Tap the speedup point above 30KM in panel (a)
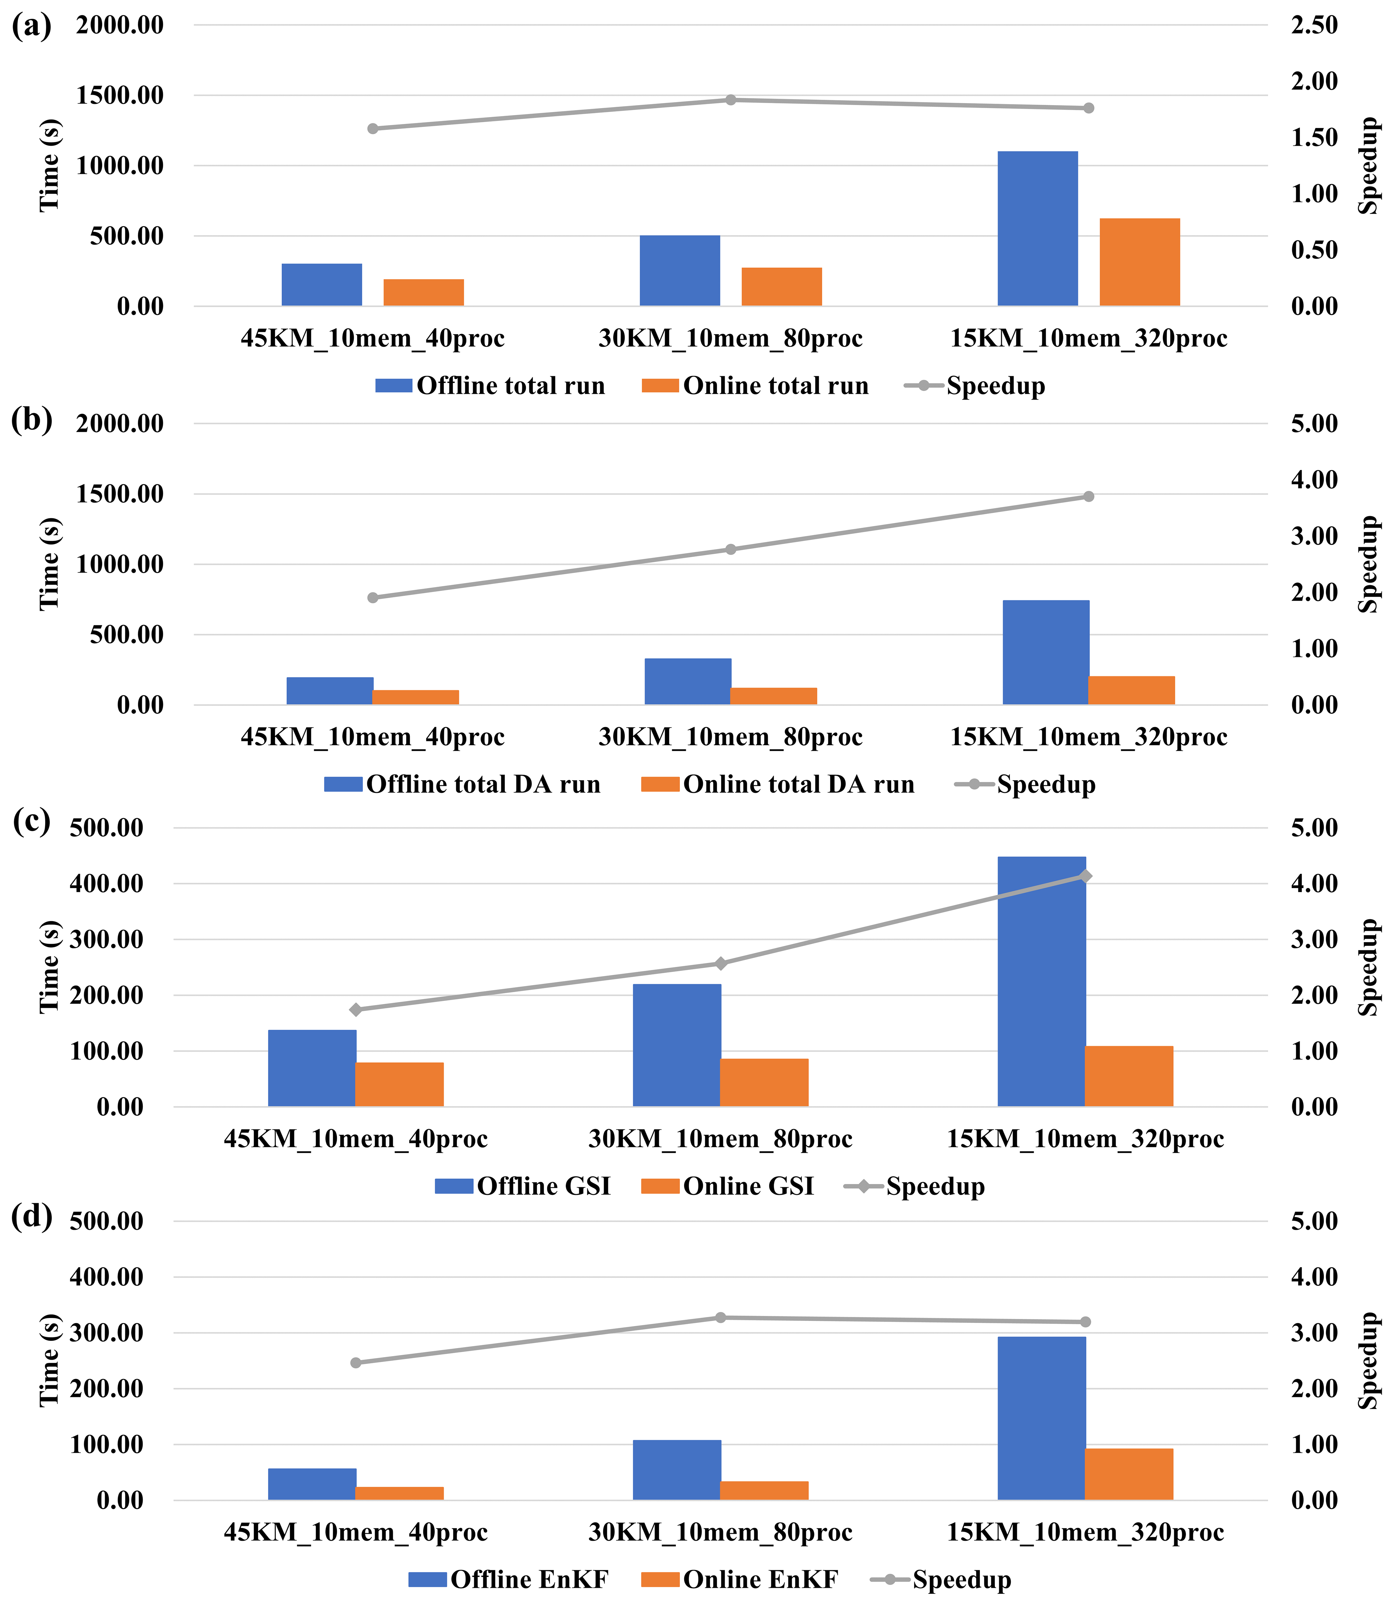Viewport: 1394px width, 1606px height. click(x=730, y=100)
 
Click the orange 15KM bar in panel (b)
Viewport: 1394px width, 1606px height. click(x=1131, y=690)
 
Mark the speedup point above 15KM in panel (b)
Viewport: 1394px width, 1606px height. click(x=1088, y=496)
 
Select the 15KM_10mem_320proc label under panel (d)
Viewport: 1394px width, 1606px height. click(x=1085, y=1532)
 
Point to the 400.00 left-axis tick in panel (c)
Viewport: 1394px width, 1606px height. click(x=106, y=883)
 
